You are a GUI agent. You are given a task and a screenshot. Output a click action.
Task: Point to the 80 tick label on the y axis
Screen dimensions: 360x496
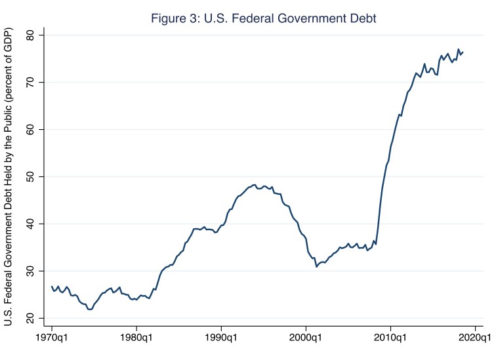pyautogui.click(x=28, y=35)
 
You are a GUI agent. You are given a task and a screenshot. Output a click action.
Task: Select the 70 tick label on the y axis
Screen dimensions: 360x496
pyautogui.click(x=28, y=82)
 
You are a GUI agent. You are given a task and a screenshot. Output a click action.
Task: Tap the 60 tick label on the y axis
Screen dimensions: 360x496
pyautogui.click(x=28, y=129)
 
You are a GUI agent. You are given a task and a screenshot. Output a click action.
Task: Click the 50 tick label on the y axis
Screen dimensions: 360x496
pyautogui.click(x=28, y=176)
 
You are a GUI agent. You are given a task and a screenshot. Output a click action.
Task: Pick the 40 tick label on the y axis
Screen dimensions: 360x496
pyautogui.click(x=28, y=224)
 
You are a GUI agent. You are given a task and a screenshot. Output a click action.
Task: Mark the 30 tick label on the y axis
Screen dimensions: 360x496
pyautogui.click(x=28, y=271)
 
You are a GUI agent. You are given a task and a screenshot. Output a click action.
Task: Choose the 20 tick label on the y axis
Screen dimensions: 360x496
pyautogui.click(x=28, y=318)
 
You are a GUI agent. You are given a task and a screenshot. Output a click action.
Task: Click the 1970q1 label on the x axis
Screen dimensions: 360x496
pyautogui.click(x=52, y=340)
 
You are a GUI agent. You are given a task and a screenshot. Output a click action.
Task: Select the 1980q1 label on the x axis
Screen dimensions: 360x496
pyautogui.click(x=136, y=340)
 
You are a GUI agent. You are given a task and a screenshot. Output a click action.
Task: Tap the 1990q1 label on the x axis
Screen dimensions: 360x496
pyautogui.click(x=222, y=340)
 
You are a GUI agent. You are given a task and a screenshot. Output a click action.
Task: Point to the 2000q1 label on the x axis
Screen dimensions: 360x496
pyautogui.click(x=306, y=340)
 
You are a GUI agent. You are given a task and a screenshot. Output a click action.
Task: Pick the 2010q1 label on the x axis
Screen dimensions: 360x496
pyautogui.click(x=391, y=340)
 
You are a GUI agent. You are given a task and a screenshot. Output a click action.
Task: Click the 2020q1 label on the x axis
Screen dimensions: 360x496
pyautogui.click(x=474, y=340)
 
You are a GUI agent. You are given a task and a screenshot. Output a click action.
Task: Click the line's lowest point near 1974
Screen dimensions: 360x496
pyautogui.click(x=89, y=310)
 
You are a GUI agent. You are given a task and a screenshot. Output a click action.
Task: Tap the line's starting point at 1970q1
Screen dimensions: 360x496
pyautogui.click(x=52, y=287)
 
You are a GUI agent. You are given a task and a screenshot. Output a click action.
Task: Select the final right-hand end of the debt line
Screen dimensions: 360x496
pyautogui.click(x=463, y=52)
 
